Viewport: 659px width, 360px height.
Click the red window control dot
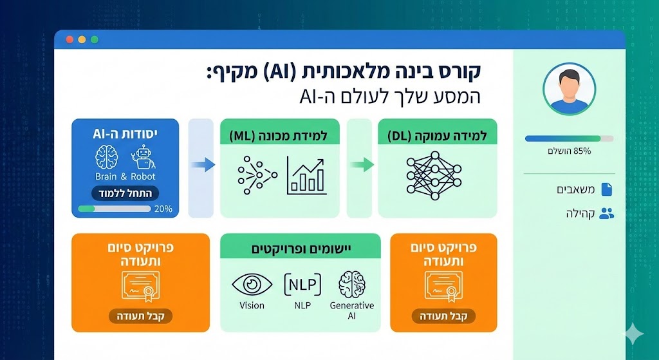tap(70, 39)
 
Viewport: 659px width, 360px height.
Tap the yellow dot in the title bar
tap(82, 39)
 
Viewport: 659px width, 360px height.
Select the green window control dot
tap(94, 39)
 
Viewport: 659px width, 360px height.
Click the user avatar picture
tap(569, 89)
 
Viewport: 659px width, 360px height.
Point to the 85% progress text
tap(569, 151)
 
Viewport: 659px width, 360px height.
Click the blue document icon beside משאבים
tap(606, 189)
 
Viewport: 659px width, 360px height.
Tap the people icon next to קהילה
tap(606, 214)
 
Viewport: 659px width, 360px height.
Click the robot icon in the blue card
tap(143, 157)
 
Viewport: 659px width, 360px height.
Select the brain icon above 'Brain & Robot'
tap(106, 157)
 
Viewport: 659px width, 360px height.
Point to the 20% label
tap(163, 209)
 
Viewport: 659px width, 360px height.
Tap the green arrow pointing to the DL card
tap(362, 164)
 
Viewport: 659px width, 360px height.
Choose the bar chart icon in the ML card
tap(306, 175)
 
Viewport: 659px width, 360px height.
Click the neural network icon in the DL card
tap(434, 175)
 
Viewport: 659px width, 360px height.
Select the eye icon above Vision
tap(252, 285)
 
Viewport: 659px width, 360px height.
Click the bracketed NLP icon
tap(302, 284)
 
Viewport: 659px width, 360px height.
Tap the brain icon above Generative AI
tap(352, 284)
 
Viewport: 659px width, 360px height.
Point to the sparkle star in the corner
tap(633, 334)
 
